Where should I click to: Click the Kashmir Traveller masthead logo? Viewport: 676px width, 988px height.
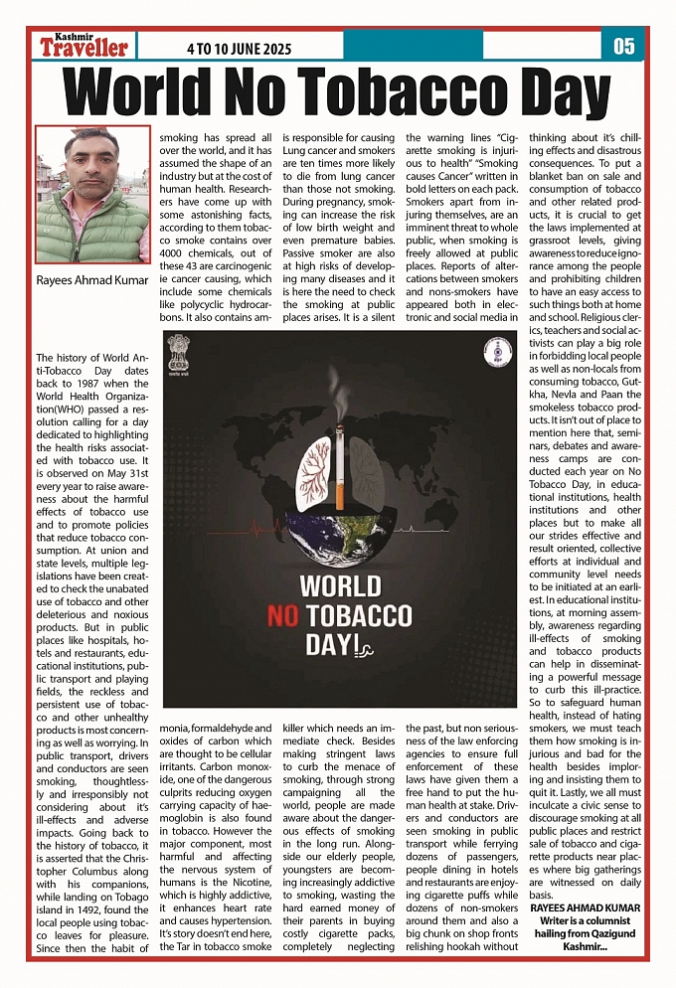coord(84,45)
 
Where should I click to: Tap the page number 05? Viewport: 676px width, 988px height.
coord(623,46)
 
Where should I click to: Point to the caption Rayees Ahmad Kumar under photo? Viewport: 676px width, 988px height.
coord(91,282)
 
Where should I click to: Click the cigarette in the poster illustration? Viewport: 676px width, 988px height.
coord(339,478)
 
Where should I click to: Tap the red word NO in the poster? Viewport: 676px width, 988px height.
coord(283,616)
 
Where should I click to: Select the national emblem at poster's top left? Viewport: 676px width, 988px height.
coord(180,350)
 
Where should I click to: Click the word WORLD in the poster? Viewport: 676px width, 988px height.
coord(340,585)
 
